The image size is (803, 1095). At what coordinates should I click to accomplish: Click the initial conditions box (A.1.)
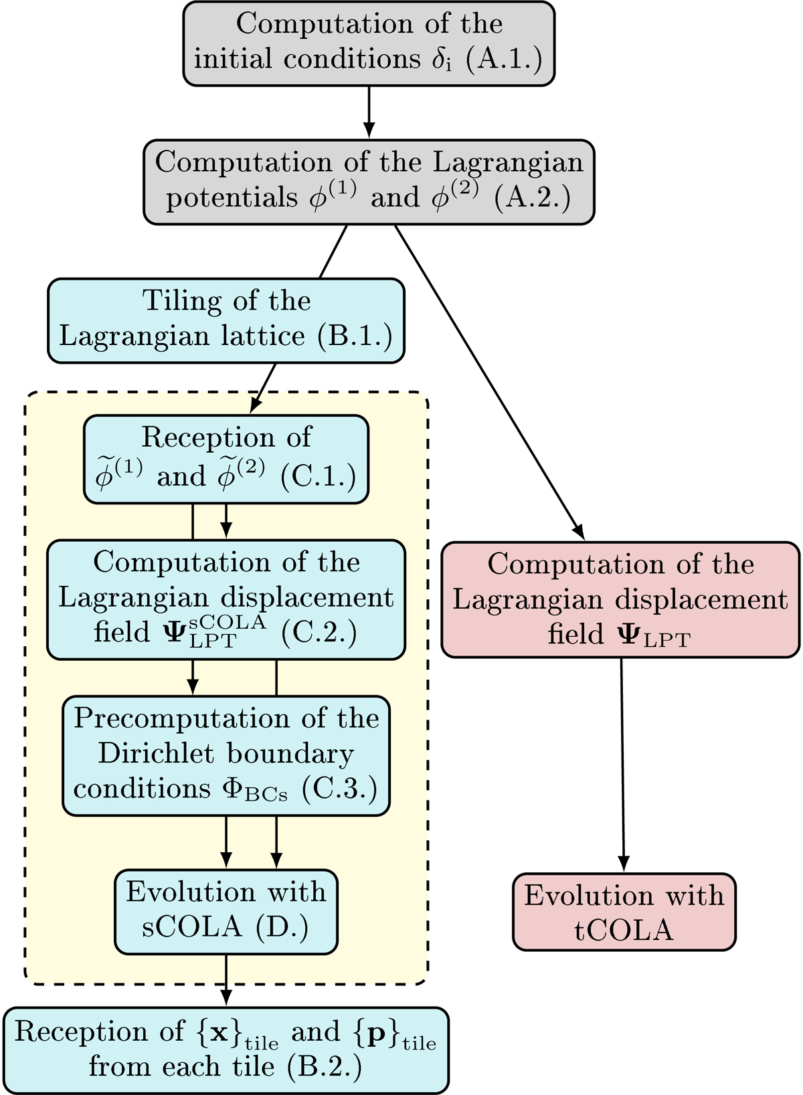tap(369, 43)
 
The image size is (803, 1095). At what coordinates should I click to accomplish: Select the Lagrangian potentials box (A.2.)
tap(369, 182)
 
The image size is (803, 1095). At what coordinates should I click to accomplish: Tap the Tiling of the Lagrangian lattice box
tap(226, 320)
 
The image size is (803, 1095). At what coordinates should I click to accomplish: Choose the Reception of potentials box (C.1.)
tap(226, 459)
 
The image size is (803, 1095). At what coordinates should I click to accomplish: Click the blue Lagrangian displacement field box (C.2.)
tap(226, 599)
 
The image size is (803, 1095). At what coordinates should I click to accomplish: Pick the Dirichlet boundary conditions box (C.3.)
tap(226, 755)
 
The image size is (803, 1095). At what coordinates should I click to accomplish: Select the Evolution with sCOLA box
tap(226, 911)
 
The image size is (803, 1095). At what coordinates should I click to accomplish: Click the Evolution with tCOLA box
tap(624, 912)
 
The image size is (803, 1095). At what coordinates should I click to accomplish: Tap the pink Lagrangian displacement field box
tap(620, 599)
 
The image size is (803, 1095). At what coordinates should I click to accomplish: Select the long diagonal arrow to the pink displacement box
tap(488, 381)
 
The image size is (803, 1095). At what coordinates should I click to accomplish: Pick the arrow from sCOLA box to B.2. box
tap(226, 980)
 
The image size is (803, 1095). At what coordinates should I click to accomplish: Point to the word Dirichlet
tap(159, 754)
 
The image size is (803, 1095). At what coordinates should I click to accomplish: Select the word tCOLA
tap(624, 930)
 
